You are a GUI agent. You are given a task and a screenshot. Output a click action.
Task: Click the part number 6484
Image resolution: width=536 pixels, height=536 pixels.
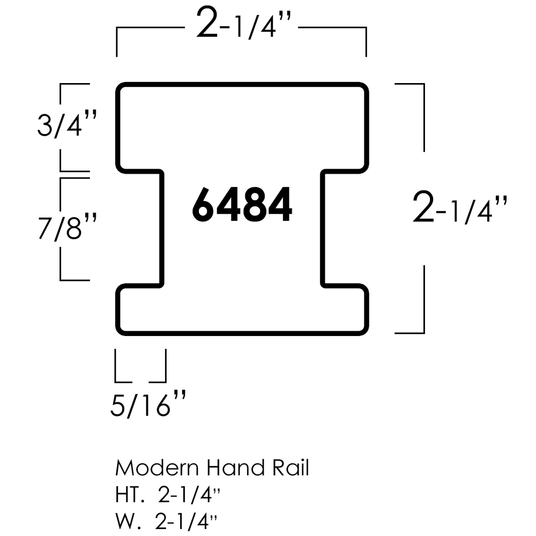[242, 204]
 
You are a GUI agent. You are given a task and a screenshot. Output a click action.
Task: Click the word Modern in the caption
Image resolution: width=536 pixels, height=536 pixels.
[156, 468]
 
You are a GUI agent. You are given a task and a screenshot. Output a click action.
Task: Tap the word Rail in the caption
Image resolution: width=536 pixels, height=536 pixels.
[290, 468]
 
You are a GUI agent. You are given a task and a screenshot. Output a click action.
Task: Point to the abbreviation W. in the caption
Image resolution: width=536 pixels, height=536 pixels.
[125, 519]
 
